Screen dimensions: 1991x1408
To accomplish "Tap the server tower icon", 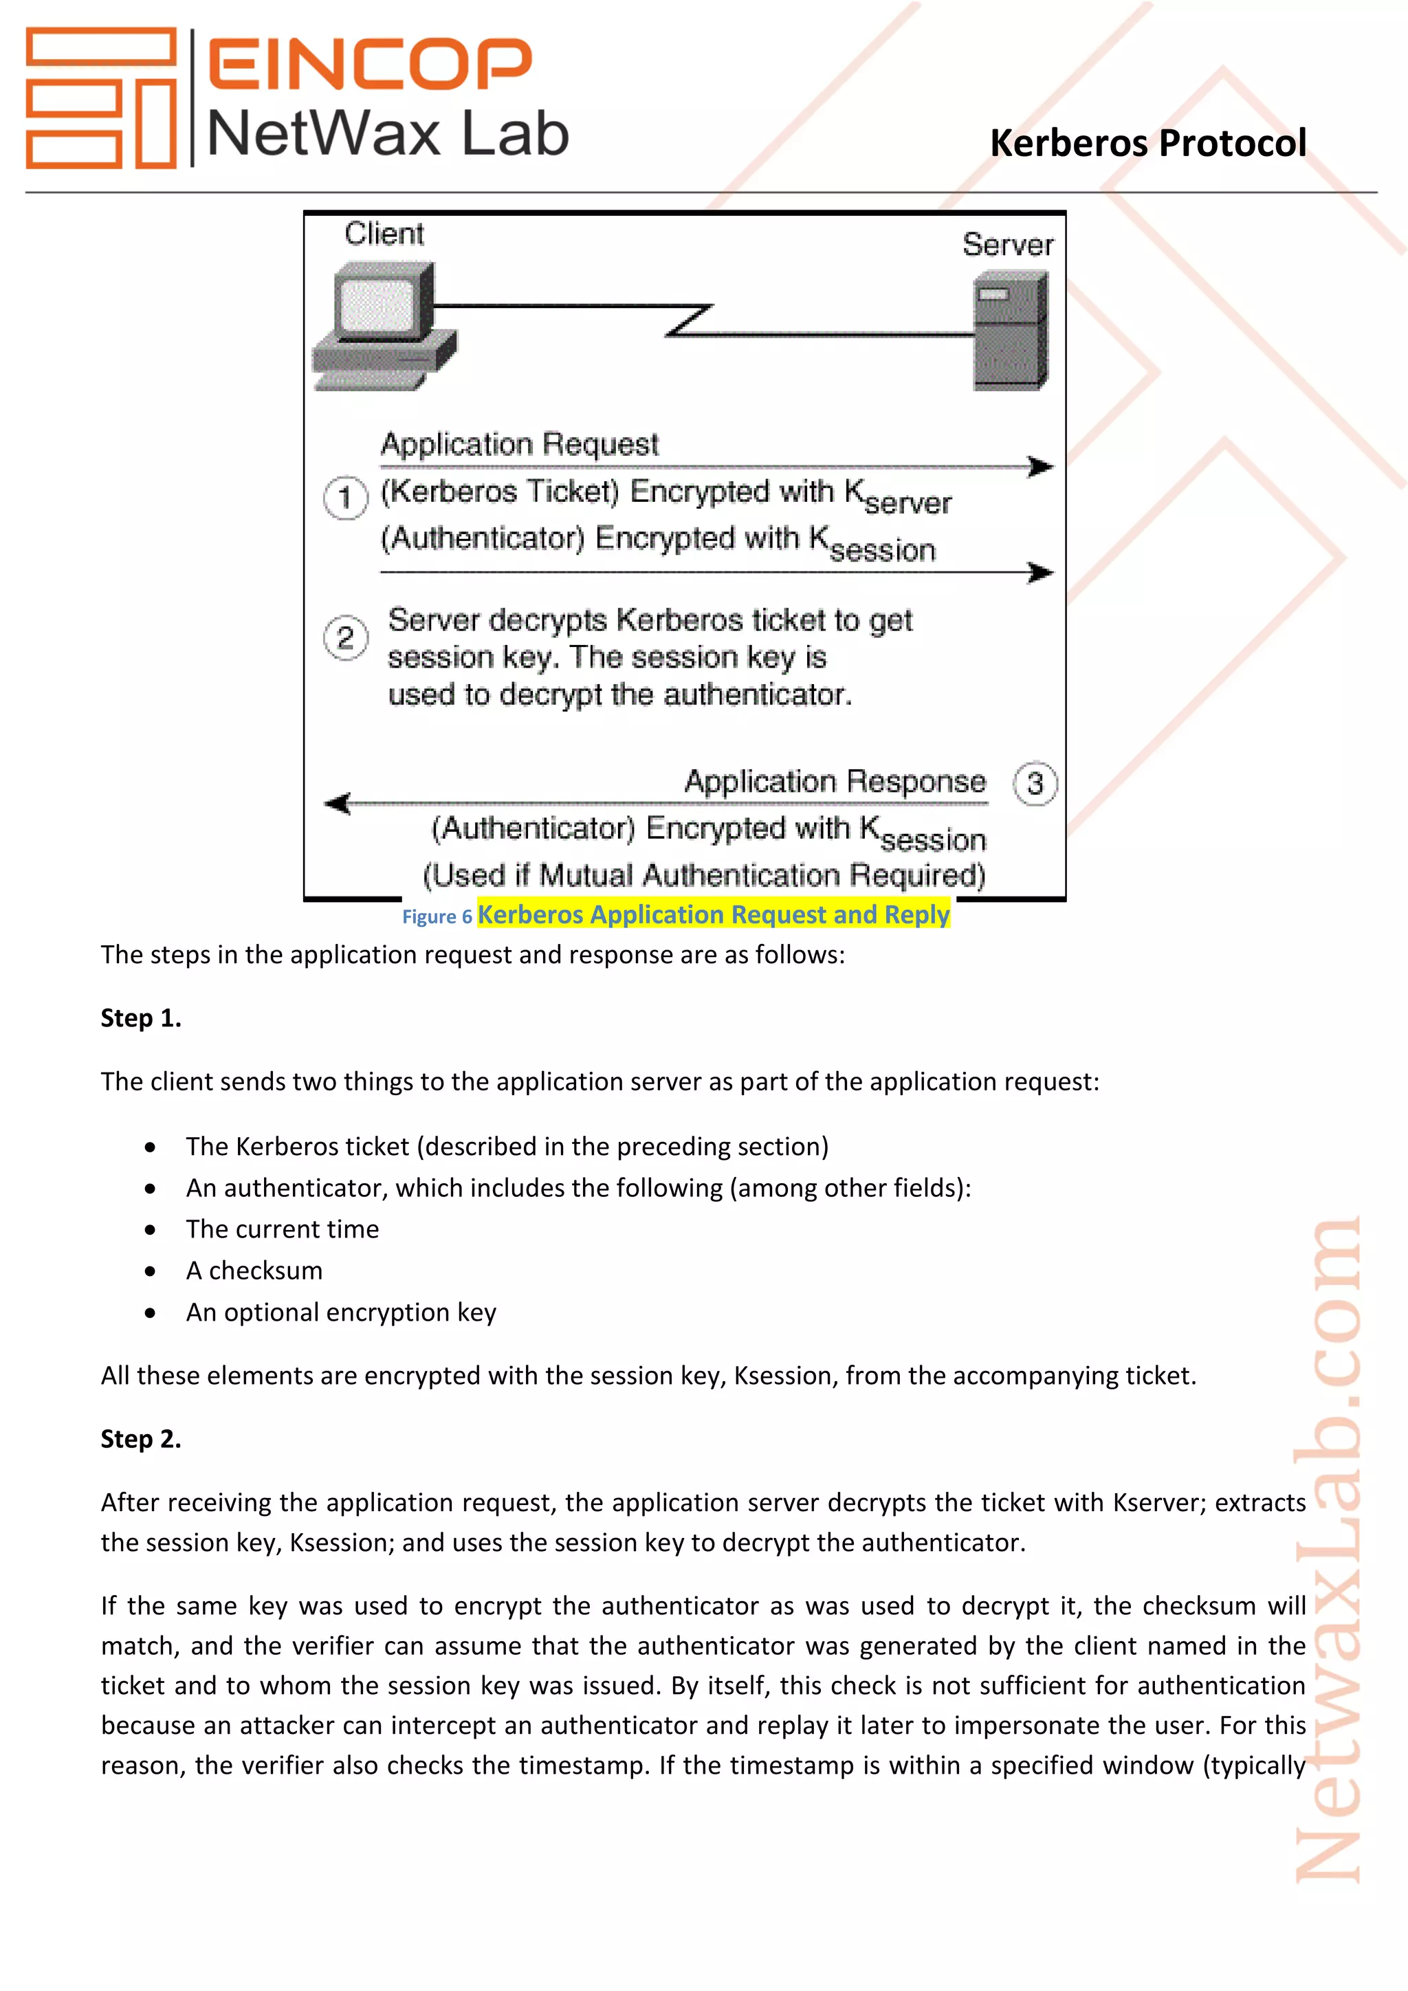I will tap(1010, 331).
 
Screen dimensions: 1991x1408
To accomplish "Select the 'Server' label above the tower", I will tap(1007, 245).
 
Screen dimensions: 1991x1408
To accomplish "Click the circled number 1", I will tap(345, 498).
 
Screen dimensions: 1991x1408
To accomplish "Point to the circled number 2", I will tap(345, 638).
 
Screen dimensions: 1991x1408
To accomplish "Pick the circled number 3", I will tap(1034, 784).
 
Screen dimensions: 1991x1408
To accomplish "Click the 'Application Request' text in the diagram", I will tap(519, 445).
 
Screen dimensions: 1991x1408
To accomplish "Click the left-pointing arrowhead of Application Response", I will tap(338, 804).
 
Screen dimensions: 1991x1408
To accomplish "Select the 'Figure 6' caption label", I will tap(436, 917).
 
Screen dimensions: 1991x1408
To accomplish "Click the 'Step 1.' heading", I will tap(140, 1018).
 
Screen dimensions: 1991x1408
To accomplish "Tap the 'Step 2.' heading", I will tap(140, 1440).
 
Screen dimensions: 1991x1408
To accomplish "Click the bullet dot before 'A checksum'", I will tap(151, 1272).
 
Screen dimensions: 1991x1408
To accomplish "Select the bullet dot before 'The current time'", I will tap(151, 1231).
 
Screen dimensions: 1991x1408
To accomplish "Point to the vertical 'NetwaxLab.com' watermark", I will tap(1328, 1552).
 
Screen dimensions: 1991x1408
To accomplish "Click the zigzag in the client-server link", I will tap(690, 320).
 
